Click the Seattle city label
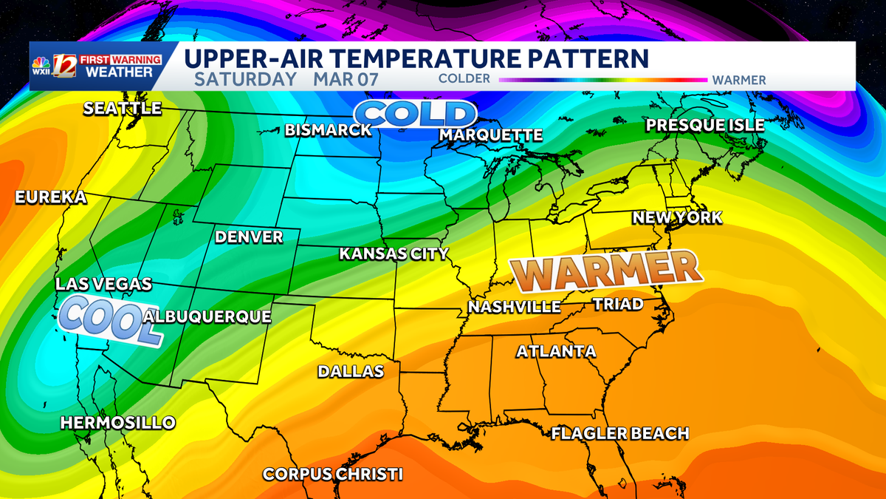[x=122, y=109]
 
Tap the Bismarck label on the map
[x=329, y=131]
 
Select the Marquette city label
[x=491, y=135]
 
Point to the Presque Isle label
[x=705, y=126]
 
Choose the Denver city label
[x=249, y=237]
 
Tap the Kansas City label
[x=394, y=254]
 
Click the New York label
[x=676, y=218]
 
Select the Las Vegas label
[x=104, y=285]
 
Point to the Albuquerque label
[x=207, y=317]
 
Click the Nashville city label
[x=515, y=307]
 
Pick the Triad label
[x=618, y=304]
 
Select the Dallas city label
[x=351, y=371]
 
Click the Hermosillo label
[x=118, y=423]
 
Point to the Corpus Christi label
[x=334, y=474]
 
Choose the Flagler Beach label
[x=620, y=433]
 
